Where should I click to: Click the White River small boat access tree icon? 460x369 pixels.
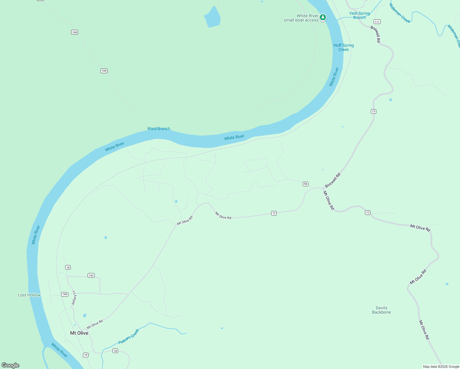[323, 17]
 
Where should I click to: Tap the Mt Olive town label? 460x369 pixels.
[79, 333]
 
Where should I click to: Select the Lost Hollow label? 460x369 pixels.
[29, 295]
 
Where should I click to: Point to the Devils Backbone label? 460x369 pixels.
[381, 310]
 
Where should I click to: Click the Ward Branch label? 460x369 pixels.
[158, 129]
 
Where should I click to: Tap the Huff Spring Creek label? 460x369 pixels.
[344, 47]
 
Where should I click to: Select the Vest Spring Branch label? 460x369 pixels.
[359, 15]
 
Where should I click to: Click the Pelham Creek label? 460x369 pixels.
[129, 336]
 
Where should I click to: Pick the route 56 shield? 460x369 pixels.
[305, 184]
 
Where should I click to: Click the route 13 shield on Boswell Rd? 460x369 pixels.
[373, 111]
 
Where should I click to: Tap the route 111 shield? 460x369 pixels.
[377, 22]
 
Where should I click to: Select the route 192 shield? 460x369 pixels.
[91, 275]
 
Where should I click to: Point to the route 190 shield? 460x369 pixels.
[65, 294]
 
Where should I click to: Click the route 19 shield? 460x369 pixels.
[85, 355]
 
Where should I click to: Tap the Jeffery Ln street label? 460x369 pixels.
[74, 298]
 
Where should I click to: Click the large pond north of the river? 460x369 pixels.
[212, 18]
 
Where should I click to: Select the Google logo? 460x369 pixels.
[10, 365]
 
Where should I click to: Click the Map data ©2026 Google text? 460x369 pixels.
[441, 367]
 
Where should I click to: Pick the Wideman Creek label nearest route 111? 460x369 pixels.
[400, 13]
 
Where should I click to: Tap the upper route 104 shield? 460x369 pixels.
[74, 32]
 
